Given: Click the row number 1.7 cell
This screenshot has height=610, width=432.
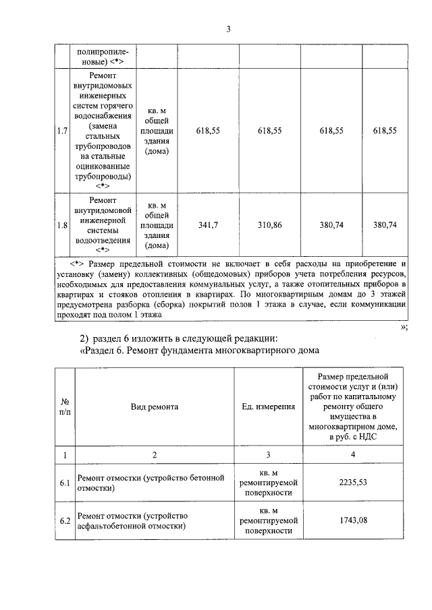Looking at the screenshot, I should tap(61, 131).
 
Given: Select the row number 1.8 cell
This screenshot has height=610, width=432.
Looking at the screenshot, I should tap(61, 225).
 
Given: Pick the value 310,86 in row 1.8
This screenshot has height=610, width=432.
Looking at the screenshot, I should tap(269, 225).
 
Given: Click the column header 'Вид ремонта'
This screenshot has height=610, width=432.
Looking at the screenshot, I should tap(155, 407).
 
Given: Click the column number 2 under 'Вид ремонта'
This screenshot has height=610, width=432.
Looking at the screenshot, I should tap(155, 455).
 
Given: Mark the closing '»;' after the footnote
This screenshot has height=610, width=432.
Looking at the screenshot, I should tap(403, 326).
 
